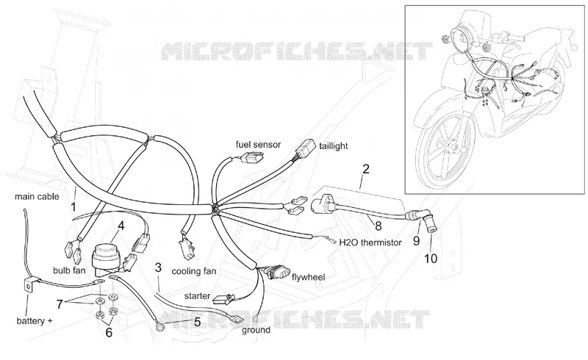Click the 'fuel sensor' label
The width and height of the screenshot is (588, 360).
[258, 145]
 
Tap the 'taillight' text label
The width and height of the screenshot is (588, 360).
[334, 146]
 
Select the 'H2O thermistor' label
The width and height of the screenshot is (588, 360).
[370, 242]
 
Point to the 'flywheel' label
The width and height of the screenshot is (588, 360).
[308, 277]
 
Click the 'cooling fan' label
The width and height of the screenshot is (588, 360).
[194, 271]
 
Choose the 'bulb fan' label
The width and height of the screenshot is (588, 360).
[69, 270]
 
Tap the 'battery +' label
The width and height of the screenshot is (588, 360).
[35, 321]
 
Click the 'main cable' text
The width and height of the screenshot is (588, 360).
[37, 196]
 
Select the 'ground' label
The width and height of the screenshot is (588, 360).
[256, 330]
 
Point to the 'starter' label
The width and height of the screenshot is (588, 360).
[197, 296]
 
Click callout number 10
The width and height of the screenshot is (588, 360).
[431, 259]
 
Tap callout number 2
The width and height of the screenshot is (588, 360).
[366, 169]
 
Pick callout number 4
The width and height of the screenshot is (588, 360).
[121, 226]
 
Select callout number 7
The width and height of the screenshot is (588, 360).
[60, 304]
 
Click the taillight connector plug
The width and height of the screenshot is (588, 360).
[304, 150]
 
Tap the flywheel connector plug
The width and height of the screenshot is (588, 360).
[278, 272]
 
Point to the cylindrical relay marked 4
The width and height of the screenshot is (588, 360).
[107, 256]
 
